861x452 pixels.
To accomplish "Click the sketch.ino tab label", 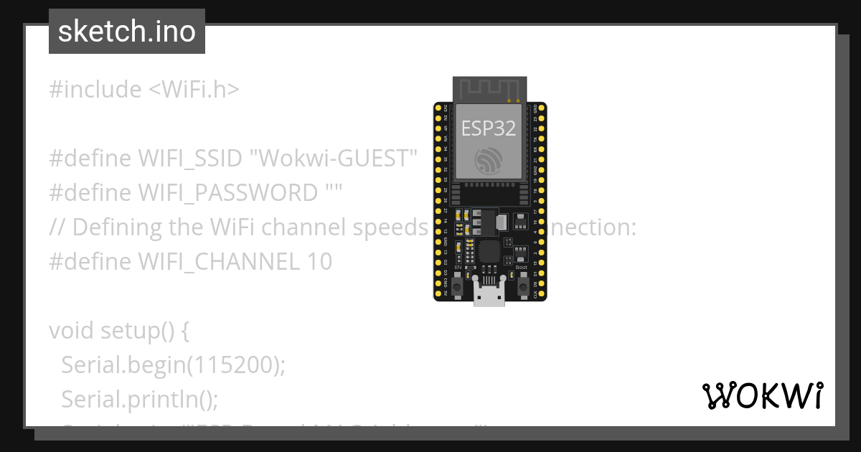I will point(127,32).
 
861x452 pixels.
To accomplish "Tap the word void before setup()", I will point(72,331).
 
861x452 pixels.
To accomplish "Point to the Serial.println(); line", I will point(139,398).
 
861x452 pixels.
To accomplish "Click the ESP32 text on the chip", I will point(489,128).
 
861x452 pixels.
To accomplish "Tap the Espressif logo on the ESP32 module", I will point(489,161).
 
